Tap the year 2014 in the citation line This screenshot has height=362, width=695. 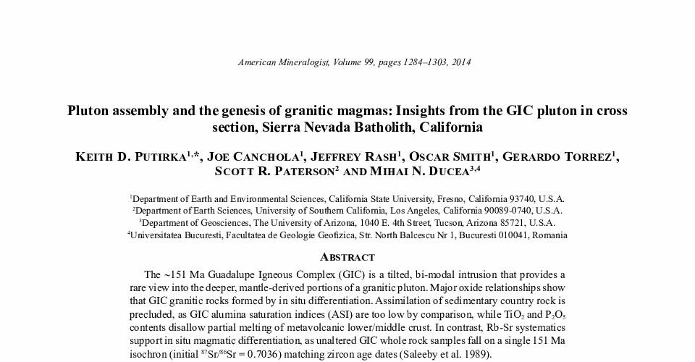click(460, 62)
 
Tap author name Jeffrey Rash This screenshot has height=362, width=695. click(353, 157)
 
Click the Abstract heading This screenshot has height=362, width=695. click(347, 257)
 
